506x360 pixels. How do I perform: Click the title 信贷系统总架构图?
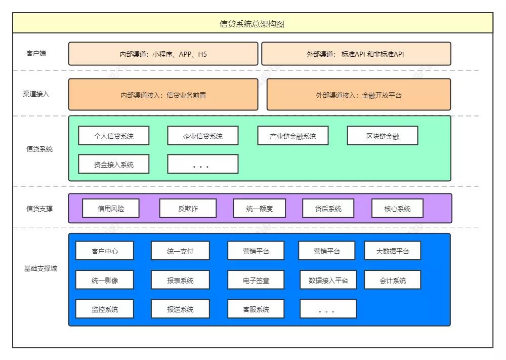click(x=252, y=24)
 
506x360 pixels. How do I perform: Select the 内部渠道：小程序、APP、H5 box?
click(x=163, y=54)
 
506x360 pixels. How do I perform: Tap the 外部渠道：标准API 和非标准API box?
click(x=356, y=54)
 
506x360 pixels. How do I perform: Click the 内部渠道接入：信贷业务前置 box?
click(x=163, y=95)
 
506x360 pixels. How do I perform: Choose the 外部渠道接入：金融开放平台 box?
click(x=358, y=95)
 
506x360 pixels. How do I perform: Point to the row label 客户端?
click(x=36, y=53)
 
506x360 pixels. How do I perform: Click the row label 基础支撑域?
click(x=40, y=268)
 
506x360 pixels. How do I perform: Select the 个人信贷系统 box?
click(x=114, y=136)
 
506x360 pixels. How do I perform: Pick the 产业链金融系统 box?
click(x=293, y=136)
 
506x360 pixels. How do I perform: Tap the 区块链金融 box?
click(x=383, y=136)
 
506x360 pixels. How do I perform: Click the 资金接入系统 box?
click(x=114, y=164)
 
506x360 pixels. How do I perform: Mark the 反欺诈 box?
click(x=188, y=208)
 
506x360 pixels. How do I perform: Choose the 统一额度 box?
click(x=259, y=208)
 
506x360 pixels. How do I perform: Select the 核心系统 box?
click(x=397, y=208)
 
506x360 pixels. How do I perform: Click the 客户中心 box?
click(x=105, y=251)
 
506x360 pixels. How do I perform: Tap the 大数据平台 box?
click(x=392, y=251)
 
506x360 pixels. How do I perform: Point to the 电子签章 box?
click(x=256, y=279)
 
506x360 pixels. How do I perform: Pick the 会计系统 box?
click(x=392, y=279)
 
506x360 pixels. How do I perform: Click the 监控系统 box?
click(x=105, y=309)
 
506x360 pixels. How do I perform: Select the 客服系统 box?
click(x=256, y=309)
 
